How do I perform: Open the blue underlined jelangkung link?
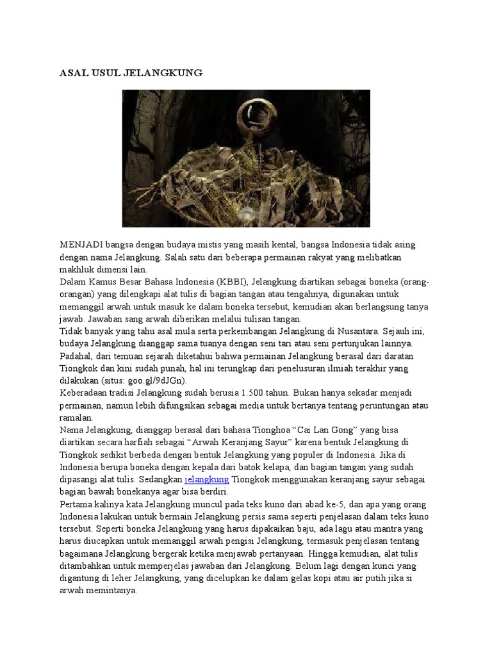[x=206, y=479]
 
